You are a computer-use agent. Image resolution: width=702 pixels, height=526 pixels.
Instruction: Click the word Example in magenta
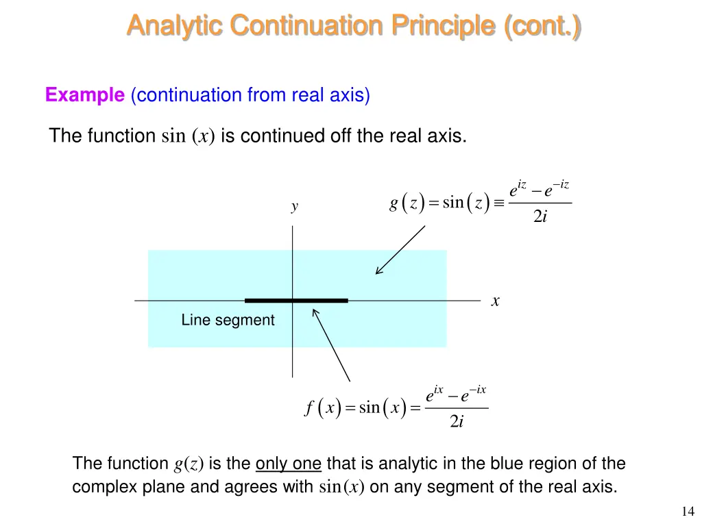tap(84, 95)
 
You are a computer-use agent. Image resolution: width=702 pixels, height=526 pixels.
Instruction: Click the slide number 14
tap(688, 511)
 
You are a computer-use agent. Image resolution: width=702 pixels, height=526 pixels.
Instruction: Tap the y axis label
tap(294, 207)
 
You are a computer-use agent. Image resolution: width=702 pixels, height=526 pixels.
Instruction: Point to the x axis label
tap(495, 301)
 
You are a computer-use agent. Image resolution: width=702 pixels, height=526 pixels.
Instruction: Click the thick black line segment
tap(296, 300)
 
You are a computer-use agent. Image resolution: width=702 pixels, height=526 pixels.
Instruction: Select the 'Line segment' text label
tap(228, 320)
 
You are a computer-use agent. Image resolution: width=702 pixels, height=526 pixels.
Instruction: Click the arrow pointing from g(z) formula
tap(400, 250)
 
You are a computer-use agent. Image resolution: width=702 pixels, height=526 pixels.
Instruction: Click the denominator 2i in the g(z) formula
tap(540, 217)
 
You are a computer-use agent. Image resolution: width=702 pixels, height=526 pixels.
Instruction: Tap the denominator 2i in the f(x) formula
tap(457, 423)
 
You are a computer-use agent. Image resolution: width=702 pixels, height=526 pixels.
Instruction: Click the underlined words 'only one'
tap(288, 464)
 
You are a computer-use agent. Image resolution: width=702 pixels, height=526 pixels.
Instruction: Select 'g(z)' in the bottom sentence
tap(189, 464)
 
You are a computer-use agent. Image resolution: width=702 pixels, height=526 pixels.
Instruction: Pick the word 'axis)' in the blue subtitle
tap(351, 95)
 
